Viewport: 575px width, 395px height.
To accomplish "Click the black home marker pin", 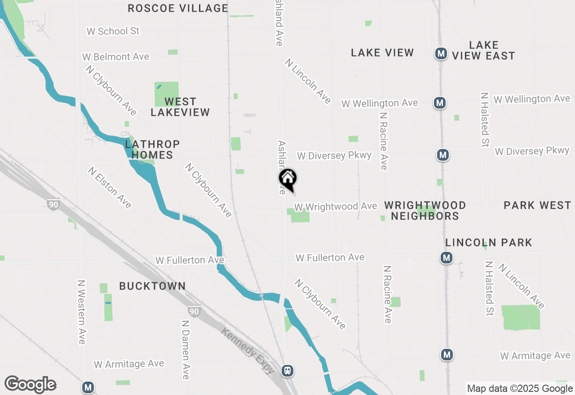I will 287,179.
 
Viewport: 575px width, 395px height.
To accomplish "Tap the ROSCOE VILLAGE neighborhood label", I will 178,8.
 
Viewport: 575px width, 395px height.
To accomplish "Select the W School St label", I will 113,31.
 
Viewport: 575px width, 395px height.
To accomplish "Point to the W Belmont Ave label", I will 115,57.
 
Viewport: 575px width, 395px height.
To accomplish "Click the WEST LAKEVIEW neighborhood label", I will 180,107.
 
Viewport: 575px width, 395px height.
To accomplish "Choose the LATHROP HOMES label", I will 152,149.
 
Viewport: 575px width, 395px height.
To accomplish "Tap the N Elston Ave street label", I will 110,188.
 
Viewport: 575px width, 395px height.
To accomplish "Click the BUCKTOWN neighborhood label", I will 152,286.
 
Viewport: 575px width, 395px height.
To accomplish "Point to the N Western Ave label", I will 81,312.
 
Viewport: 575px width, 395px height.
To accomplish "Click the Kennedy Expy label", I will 248,350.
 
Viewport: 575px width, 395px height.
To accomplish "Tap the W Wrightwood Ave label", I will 336,206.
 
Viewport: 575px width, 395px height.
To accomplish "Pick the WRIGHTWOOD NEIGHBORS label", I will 425,211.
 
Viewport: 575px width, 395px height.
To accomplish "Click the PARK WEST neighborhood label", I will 537,205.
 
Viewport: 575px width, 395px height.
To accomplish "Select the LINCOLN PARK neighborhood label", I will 489,242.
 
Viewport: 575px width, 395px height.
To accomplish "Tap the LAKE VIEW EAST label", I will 483,50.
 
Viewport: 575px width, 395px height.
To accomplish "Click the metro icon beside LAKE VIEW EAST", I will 441,54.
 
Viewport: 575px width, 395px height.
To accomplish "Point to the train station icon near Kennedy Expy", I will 287,371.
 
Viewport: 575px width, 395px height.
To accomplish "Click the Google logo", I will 30,385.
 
